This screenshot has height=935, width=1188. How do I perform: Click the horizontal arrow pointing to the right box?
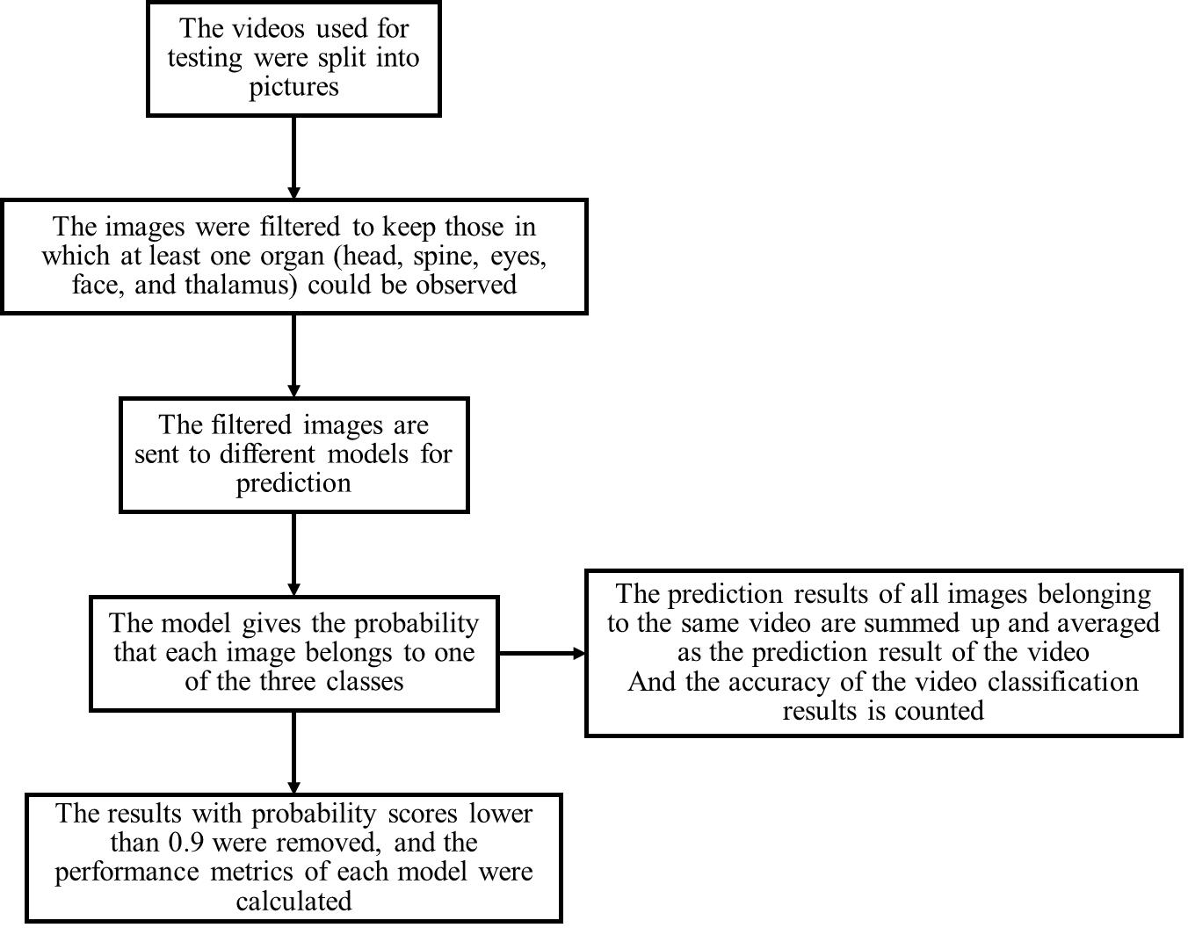pyautogui.click(x=542, y=653)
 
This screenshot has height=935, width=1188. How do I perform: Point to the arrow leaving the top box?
pyautogui.click(x=293, y=157)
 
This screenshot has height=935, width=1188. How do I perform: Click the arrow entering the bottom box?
pyautogui.click(x=293, y=752)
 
